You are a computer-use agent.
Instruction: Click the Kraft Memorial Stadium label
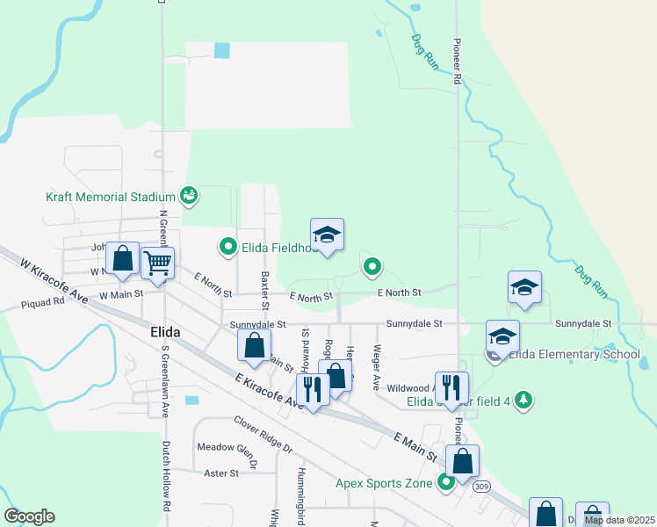[x=112, y=197]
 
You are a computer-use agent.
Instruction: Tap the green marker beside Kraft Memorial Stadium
[x=188, y=194]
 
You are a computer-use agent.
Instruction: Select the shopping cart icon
[x=157, y=262]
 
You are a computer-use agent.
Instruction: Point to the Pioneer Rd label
[x=458, y=61]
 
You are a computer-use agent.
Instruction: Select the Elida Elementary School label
[x=574, y=355]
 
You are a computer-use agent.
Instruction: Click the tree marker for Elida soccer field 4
[x=523, y=400]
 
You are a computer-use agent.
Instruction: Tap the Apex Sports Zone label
[x=384, y=483]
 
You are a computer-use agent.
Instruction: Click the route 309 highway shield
[x=481, y=486]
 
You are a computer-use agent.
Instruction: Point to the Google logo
[x=29, y=516]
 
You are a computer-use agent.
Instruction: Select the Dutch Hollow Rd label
[x=165, y=475]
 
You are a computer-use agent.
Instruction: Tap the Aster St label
[x=220, y=473]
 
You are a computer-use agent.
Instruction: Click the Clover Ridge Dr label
[x=263, y=433]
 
